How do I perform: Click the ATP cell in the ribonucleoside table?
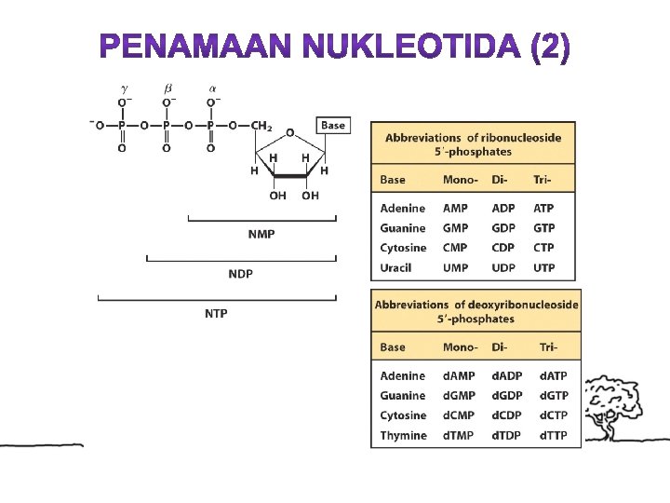tap(543, 209)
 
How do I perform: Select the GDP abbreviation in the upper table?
tap(502, 228)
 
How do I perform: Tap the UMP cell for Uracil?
tap(456, 268)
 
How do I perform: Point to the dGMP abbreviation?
tap(459, 396)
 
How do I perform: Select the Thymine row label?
tap(403, 436)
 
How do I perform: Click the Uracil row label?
tap(397, 268)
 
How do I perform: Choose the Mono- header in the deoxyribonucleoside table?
tap(461, 347)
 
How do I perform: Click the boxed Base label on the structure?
tap(332, 125)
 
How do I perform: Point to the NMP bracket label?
tap(261, 234)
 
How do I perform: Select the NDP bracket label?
tap(240, 274)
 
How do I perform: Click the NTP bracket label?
tap(216, 313)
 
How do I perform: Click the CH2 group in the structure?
tap(261, 126)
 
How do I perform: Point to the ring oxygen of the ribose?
tap(289, 133)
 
